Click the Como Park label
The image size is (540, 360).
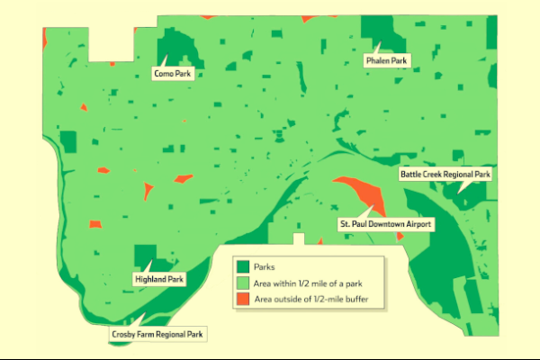(170, 73)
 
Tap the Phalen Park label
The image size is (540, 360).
(386, 61)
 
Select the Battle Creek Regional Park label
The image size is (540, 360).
(445, 174)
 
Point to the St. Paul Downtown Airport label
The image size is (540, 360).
(385, 222)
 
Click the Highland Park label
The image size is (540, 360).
(159, 280)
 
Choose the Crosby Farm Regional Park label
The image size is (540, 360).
(157, 334)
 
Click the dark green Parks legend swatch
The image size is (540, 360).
(242, 266)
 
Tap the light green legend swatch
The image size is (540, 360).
(242, 282)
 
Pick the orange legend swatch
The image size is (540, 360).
(242, 298)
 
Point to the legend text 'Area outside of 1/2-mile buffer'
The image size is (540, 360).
(311, 298)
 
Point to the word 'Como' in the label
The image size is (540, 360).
(163, 73)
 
